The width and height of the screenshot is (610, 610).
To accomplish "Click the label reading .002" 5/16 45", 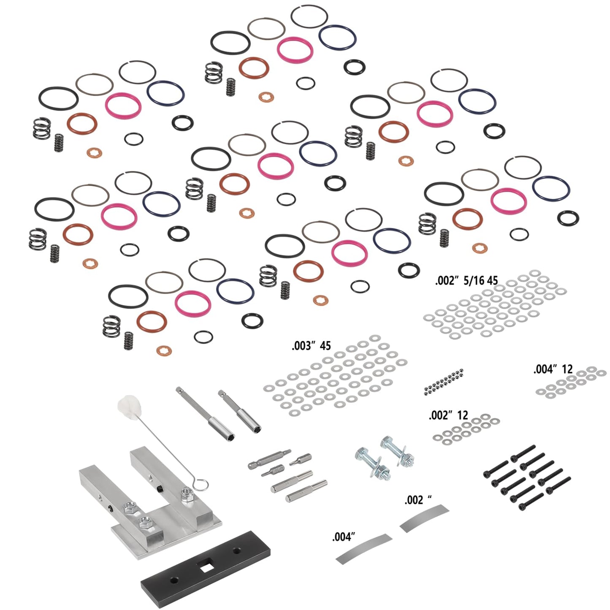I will [466, 281].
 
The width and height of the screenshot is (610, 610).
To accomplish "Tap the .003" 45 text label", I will [311, 346].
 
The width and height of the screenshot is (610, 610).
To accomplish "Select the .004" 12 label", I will [553, 369].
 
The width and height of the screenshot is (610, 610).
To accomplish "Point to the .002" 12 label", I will [448, 415].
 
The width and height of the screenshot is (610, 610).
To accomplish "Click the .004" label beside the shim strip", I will [344, 537].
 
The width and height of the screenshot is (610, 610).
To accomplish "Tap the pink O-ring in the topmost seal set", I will [296, 49].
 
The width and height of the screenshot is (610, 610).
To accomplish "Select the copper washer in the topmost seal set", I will [266, 97].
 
